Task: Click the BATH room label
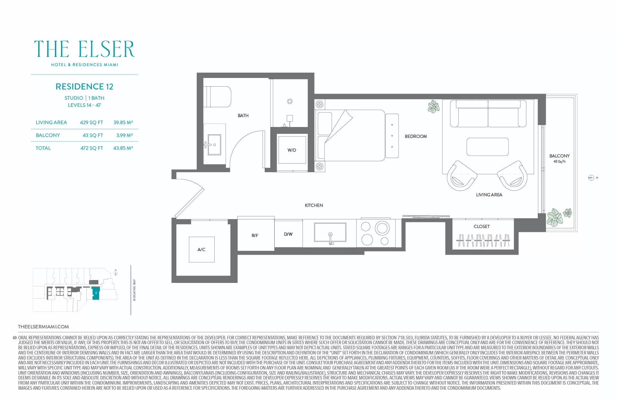click(x=243, y=115)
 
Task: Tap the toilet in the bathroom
click(x=217, y=97)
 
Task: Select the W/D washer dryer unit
click(x=292, y=150)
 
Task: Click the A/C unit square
click(x=201, y=250)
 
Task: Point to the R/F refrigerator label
click(x=255, y=235)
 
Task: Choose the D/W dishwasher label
click(x=288, y=234)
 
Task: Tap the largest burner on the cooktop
click(x=382, y=228)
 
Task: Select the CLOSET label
click(x=481, y=226)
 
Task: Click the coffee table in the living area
click(x=487, y=147)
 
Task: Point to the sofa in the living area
click(x=488, y=114)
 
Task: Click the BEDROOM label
click(x=416, y=136)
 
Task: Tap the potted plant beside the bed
click(x=434, y=106)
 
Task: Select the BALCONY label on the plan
click(x=559, y=156)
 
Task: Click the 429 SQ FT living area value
click(x=92, y=123)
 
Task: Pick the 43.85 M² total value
click(x=123, y=148)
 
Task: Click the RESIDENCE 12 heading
click(x=85, y=87)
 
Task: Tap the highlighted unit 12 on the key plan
click(x=95, y=293)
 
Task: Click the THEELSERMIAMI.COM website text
click(x=43, y=327)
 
